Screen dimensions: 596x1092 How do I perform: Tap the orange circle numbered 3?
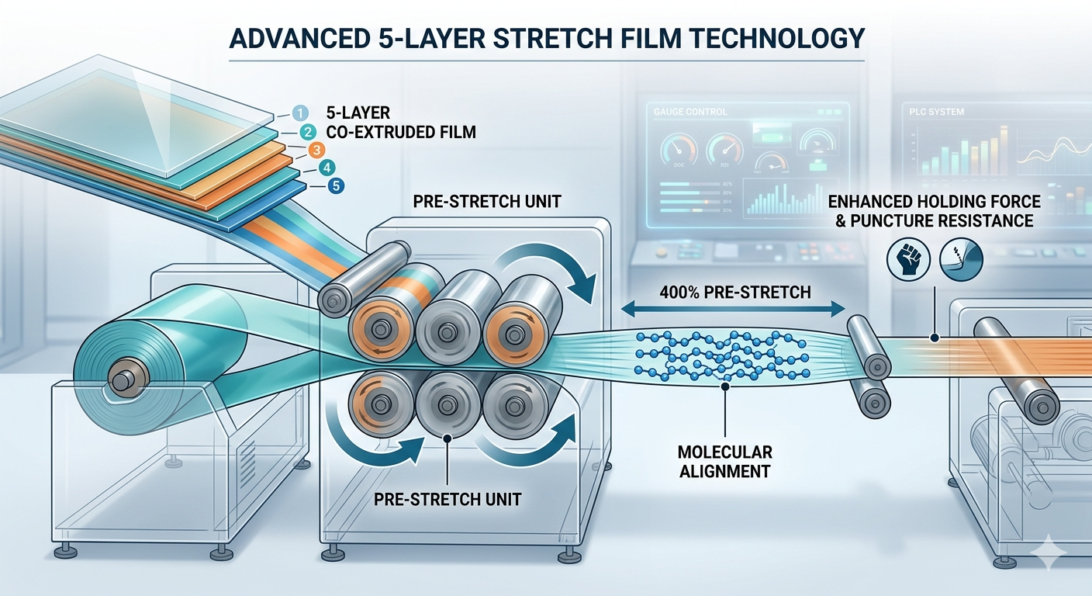click(x=316, y=150)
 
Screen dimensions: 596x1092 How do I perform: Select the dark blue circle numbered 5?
click(x=333, y=186)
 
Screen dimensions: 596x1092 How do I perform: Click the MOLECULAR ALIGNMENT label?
click(x=725, y=460)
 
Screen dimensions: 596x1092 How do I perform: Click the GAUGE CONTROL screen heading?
click(x=691, y=112)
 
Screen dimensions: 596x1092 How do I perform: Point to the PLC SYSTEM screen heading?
click(x=938, y=113)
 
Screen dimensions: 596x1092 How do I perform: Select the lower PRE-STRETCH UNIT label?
click(x=448, y=498)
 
